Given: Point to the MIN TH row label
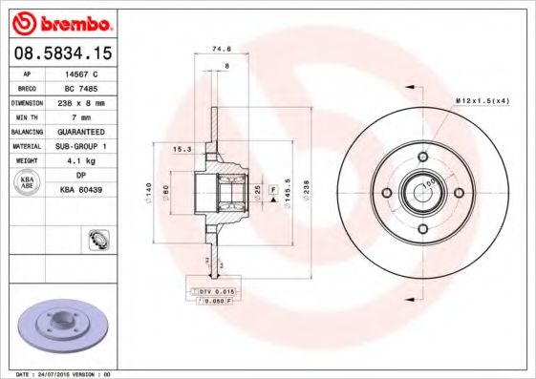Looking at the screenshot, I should (x=25, y=116).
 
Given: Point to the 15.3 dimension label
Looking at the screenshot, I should (x=180, y=149).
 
